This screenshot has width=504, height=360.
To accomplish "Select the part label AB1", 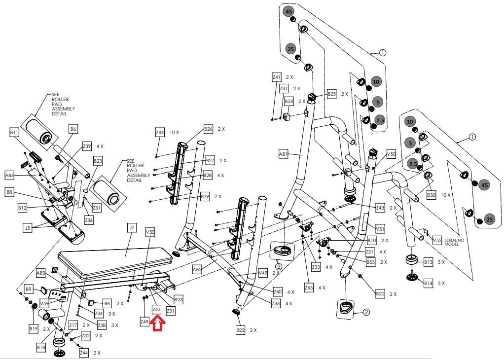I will [283, 154].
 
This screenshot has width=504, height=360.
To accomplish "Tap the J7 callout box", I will [132, 228].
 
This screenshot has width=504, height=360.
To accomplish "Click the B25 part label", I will [331, 94].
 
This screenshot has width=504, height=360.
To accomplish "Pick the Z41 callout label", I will [277, 77].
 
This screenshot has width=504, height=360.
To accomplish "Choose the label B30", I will [432, 195].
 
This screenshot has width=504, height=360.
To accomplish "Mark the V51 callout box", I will [380, 229].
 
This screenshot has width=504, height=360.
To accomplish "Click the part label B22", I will [241, 330].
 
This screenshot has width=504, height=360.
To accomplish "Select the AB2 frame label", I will [197, 269].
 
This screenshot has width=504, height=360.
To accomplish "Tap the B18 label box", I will [41, 347].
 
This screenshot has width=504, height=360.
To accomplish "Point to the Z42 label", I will [156, 310].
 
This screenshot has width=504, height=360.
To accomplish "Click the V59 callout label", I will [44, 303].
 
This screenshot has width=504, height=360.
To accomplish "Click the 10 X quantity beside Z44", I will [174, 133].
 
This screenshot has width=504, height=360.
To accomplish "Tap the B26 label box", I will [209, 129].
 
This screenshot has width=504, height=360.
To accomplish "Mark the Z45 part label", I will [309, 288].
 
